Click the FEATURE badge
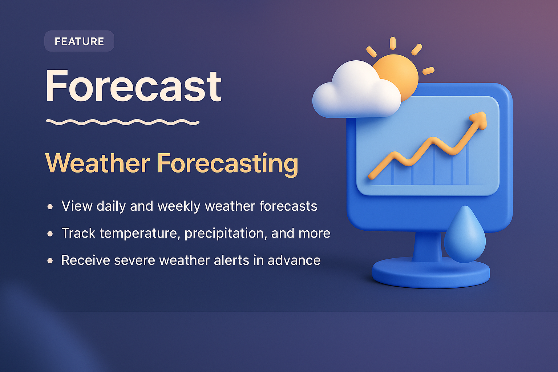point(79,41)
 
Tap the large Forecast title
point(133,86)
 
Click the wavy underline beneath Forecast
point(123,122)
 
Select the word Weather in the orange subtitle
point(97,163)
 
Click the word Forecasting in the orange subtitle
point(227,163)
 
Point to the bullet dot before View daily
point(50,207)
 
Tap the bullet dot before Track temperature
point(50,234)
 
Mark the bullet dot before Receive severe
point(50,260)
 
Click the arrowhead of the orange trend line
point(480,120)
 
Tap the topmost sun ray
point(393,43)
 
